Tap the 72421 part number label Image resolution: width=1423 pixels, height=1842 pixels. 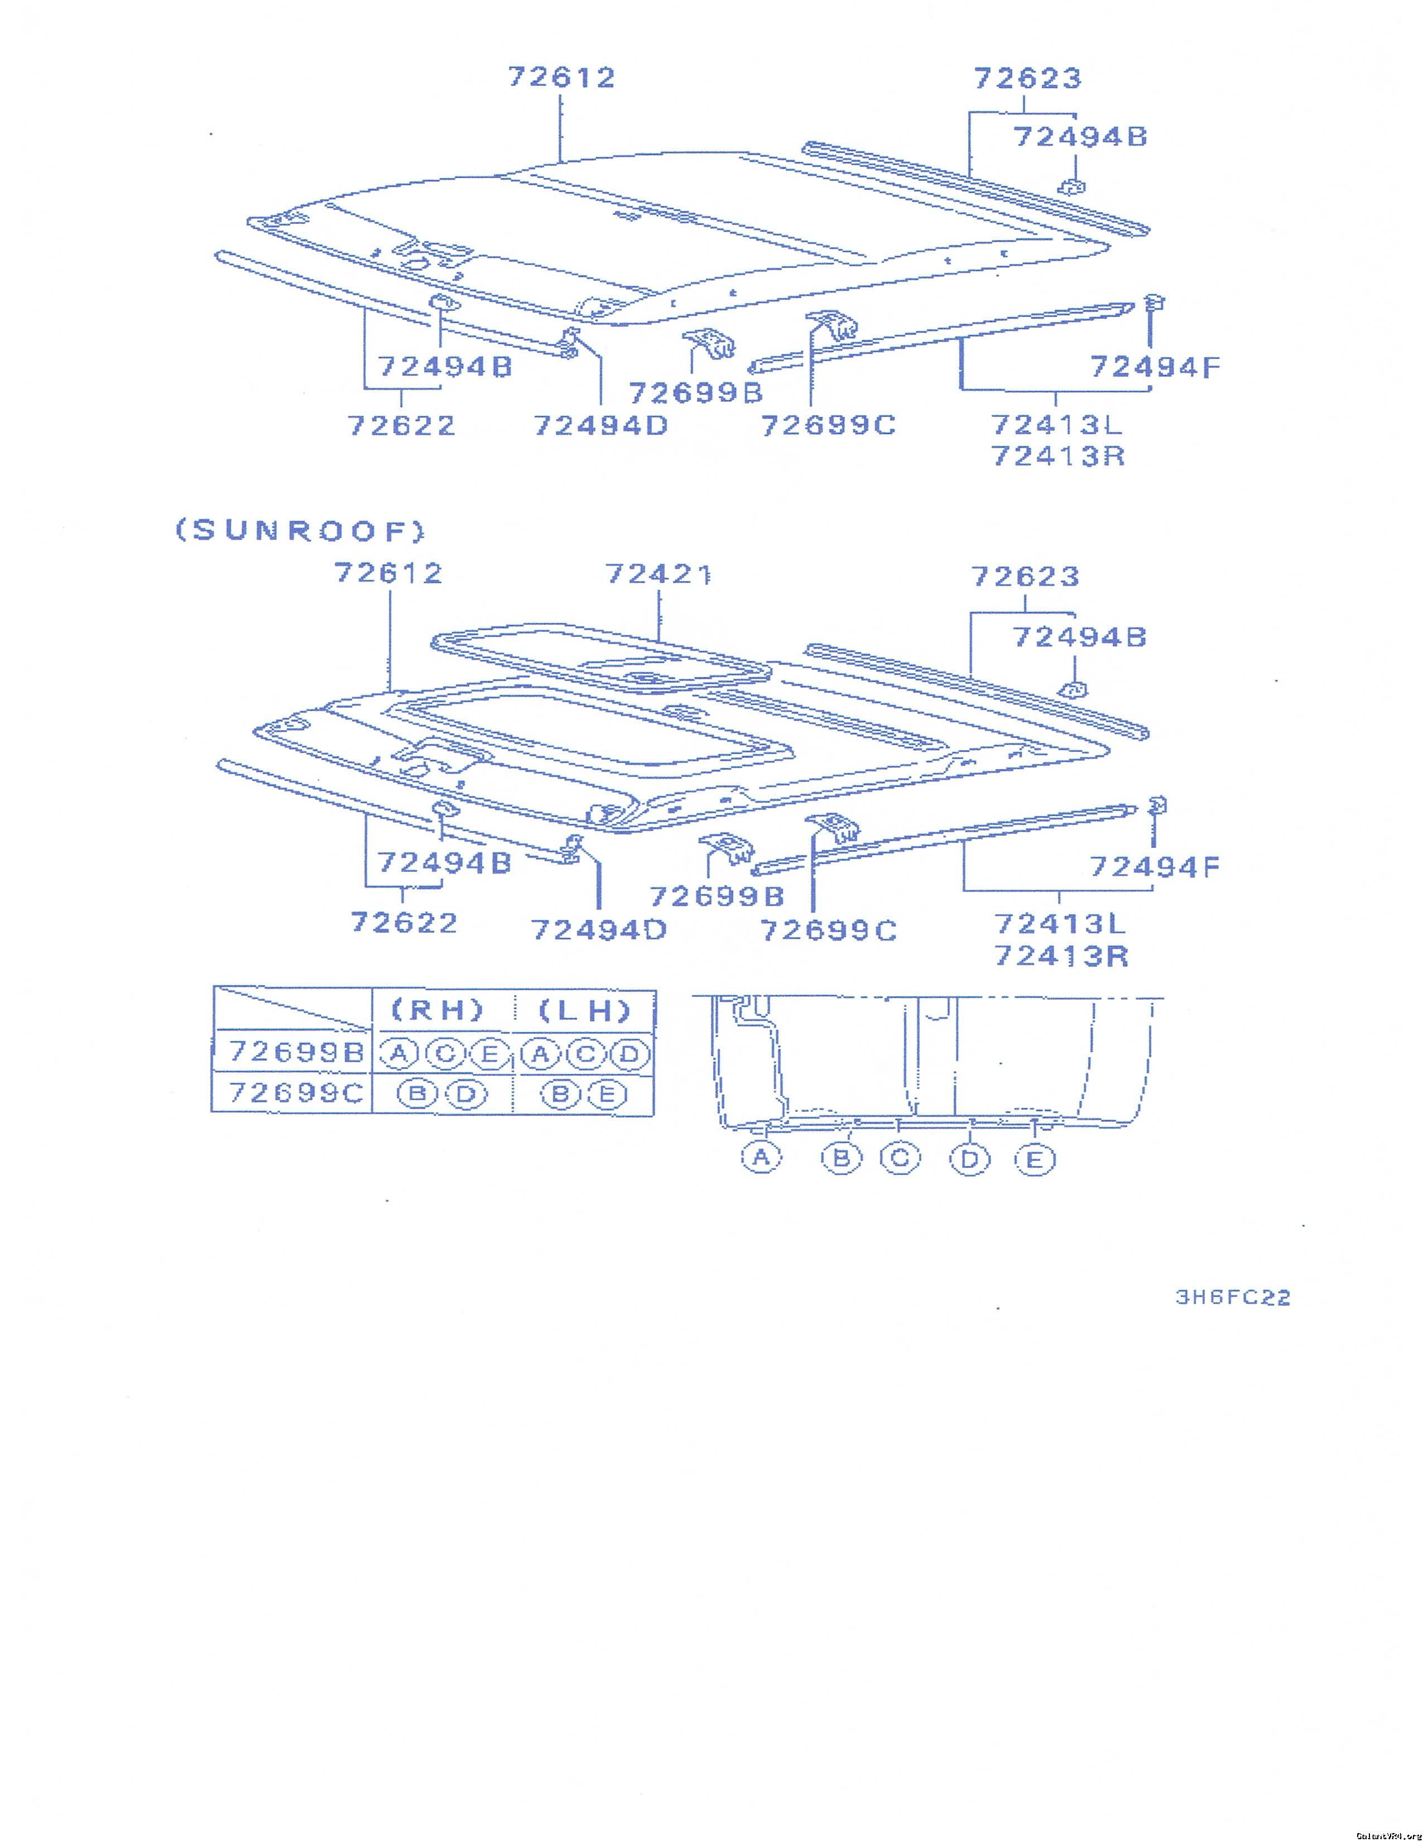[x=658, y=574]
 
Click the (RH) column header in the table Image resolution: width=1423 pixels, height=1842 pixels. [x=439, y=1010]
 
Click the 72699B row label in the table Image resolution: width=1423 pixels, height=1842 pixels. [x=296, y=1052]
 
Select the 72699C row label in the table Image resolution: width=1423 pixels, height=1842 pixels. [x=296, y=1092]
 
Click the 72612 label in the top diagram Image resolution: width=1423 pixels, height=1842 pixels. [x=561, y=78]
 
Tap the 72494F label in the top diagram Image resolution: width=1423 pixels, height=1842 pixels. [x=1155, y=367]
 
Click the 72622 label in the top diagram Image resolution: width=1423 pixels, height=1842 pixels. [x=402, y=425]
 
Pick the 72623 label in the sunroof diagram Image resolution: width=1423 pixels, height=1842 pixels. [x=1025, y=577]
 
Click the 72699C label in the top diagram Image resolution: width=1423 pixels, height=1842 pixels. [x=828, y=425]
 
